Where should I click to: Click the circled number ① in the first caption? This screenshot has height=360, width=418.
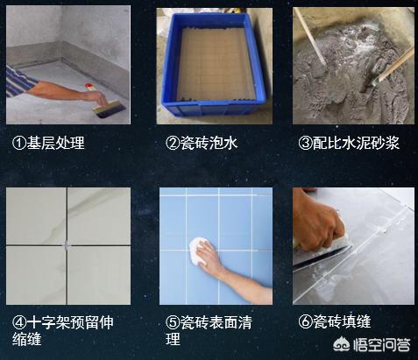19,143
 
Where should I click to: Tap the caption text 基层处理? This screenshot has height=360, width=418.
55,143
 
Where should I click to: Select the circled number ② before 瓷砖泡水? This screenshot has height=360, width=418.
173,143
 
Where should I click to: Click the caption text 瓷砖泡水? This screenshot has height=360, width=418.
209,143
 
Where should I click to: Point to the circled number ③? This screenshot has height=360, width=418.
306,143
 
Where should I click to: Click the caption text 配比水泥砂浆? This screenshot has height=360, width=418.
356,143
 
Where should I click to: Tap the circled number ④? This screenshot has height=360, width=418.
19,322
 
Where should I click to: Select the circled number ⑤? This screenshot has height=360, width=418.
173,322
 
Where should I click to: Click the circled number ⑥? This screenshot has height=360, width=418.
306,321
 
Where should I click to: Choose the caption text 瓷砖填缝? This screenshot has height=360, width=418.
342,321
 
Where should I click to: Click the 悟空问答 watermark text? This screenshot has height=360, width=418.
382,345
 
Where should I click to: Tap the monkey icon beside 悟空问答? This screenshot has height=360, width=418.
342,345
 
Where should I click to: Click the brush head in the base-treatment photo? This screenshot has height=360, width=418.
110,109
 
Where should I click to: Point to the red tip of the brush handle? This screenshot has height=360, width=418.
89,87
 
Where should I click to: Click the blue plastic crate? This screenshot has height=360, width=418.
214,65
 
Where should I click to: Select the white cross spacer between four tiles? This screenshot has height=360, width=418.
67,244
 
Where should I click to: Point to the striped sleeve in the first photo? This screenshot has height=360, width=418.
19,81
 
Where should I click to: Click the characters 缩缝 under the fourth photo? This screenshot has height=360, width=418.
27,339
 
